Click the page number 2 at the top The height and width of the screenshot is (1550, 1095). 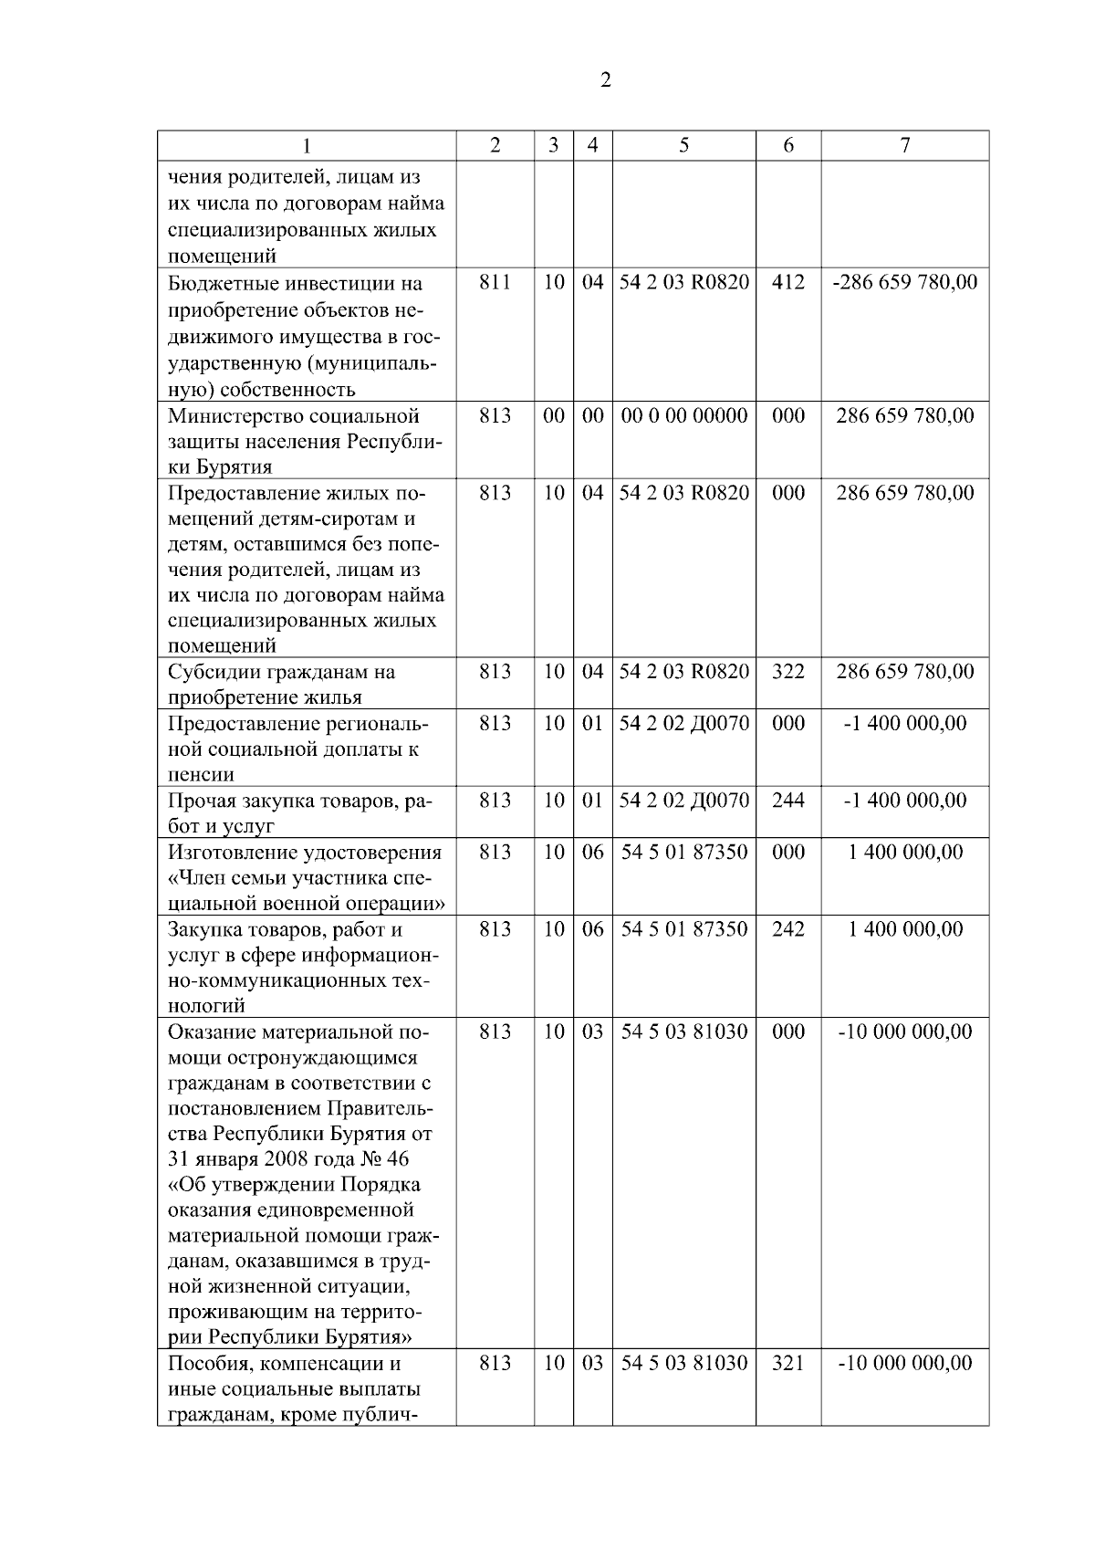pyautogui.click(x=606, y=80)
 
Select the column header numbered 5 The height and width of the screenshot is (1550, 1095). pyautogui.click(x=683, y=146)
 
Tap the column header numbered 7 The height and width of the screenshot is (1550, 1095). pyautogui.click(x=904, y=146)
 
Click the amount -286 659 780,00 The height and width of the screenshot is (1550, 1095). pyautogui.click(x=904, y=282)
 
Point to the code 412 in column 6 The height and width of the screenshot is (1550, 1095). pyautogui.click(x=788, y=282)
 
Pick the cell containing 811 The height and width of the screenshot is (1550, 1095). pyautogui.click(x=495, y=282)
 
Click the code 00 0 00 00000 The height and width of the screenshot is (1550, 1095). pyautogui.click(x=683, y=416)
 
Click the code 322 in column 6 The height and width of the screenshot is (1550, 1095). pyautogui.click(x=788, y=672)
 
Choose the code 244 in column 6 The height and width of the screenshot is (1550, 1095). pyautogui.click(x=788, y=801)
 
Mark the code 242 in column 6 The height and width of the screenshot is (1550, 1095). pyautogui.click(x=788, y=929)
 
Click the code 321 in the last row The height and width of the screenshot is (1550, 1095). pyautogui.click(x=788, y=1363)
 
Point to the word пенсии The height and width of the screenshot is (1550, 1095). pyautogui.click(x=202, y=775)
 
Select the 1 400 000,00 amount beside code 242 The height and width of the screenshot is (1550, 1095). pyautogui.click(x=904, y=929)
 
